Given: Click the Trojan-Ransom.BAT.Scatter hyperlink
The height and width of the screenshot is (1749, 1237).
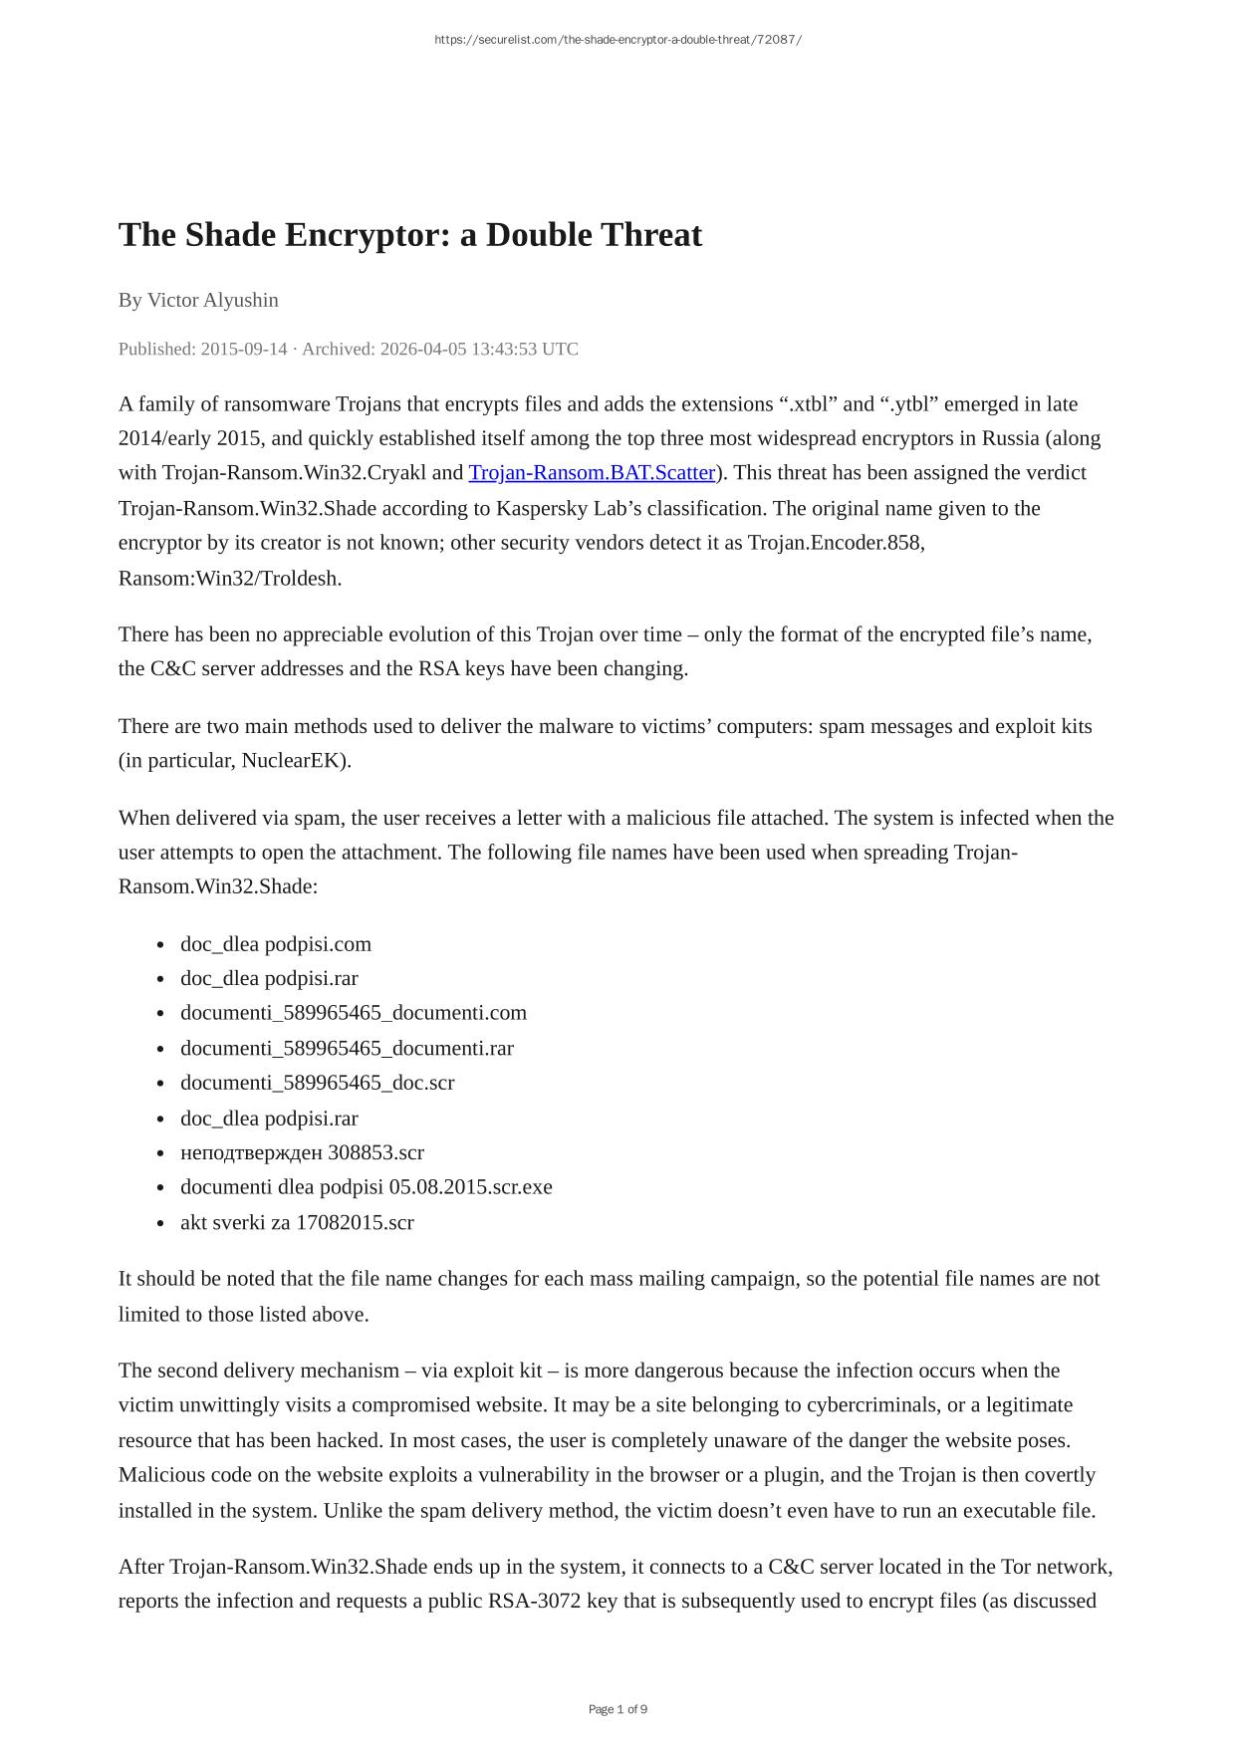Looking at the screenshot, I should coord(592,472).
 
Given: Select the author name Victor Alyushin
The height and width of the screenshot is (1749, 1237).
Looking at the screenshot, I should coord(213,300).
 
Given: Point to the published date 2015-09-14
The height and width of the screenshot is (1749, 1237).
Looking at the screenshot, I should coord(244,349).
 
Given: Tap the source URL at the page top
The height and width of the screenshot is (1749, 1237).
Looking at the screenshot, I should coord(618,40).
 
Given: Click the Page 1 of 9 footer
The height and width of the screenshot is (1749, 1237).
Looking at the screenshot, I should coord(618,1709).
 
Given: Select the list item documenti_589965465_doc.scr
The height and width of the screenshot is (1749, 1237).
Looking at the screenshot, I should coord(317,1083).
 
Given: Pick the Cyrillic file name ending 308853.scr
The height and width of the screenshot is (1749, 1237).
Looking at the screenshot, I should coord(302,1152).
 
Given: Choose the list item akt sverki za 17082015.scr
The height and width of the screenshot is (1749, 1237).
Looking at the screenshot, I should coord(297,1222).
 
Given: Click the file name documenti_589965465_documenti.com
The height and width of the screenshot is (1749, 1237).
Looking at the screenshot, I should coord(353,1013).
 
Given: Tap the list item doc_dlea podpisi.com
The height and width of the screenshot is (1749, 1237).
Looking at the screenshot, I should coord(275,944).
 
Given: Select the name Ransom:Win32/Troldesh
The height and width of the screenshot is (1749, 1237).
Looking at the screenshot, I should coord(229,579).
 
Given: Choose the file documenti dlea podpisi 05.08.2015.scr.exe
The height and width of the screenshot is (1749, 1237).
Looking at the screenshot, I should coord(366,1187).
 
